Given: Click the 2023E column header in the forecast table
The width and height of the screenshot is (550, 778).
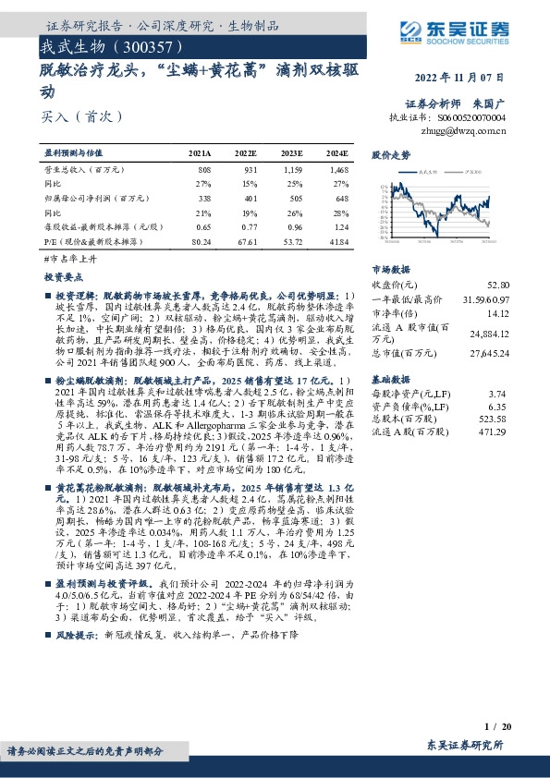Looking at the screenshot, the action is coord(290,153).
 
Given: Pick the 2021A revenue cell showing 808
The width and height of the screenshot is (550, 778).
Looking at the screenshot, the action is coord(204,171).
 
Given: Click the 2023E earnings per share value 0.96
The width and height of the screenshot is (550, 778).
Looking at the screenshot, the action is coord(294,226).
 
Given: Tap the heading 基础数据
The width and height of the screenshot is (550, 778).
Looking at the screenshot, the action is coord(390,380).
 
